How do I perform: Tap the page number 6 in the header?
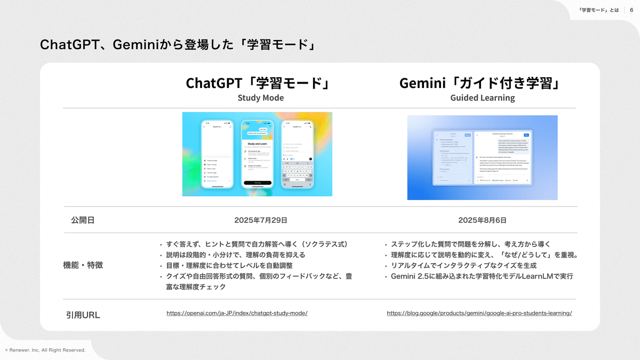(631, 10)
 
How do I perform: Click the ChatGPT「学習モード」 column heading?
(257, 83)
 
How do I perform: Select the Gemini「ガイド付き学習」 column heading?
(482, 83)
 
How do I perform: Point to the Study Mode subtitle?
(261, 98)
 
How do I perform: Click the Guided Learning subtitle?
(482, 98)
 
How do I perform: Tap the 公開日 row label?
(83, 220)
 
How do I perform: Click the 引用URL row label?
(83, 315)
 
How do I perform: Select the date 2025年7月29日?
(261, 220)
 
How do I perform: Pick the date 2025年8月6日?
(482, 220)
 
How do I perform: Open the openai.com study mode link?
(237, 313)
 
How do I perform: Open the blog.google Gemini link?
(479, 313)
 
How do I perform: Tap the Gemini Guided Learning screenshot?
(482, 157)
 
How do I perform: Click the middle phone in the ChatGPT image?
(257, 154)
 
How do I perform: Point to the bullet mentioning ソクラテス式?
(256, 244)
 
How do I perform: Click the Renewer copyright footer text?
(45, 350)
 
